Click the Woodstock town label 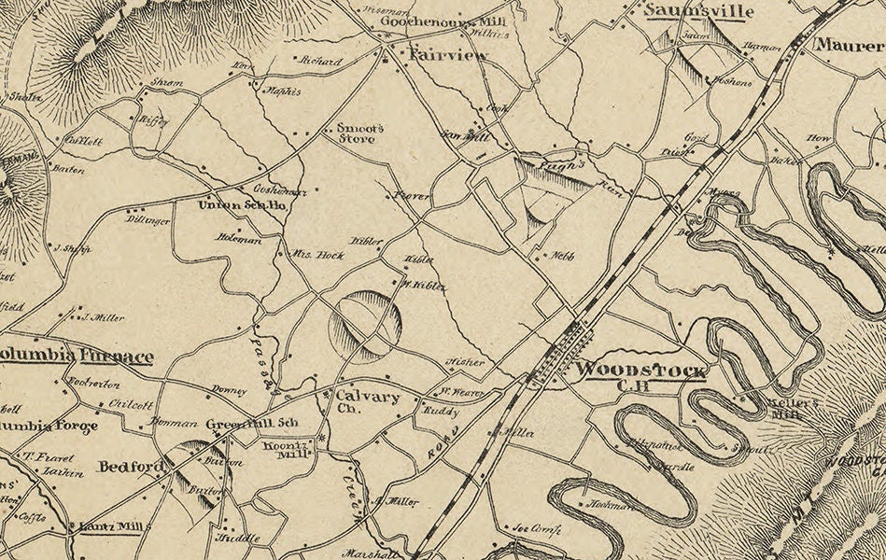point(640,370)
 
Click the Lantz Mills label point(111,527)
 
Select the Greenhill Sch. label point(251,421)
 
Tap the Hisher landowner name point(464,361)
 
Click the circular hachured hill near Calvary point(365,326)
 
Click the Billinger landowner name point(148,220)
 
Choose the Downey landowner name point(229,390)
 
